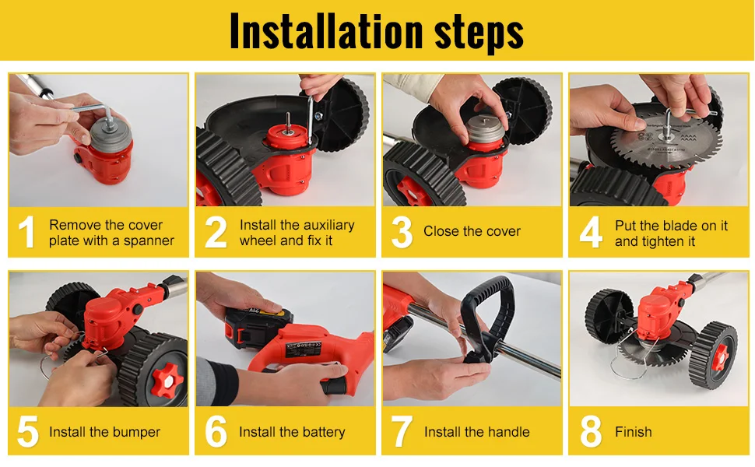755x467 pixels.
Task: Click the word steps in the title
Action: click(479, 33)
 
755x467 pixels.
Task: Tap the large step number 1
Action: click(27, 232)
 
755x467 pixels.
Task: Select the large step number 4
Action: click(591, 232)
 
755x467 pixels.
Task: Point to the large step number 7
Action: click(402, 432)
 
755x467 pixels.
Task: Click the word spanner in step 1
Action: click(149, 241)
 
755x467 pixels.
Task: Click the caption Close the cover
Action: click(472, 231)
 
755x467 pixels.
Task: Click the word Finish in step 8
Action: click(633, 432)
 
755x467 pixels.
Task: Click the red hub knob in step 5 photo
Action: click(167, 380)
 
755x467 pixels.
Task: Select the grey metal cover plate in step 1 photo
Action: click(111, 135)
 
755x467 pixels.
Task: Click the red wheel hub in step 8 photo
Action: click(720, 356)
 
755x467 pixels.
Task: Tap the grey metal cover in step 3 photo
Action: click(485, 128)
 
